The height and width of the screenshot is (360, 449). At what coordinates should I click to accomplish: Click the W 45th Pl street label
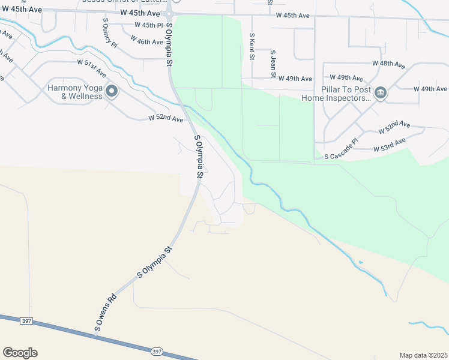pyautogui.click(x=145, y=25)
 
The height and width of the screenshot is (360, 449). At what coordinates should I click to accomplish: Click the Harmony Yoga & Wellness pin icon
pyautogui.click(x=112, y=92)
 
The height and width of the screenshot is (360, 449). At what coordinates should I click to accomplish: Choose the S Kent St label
pyautogui.click(x=253, y=47)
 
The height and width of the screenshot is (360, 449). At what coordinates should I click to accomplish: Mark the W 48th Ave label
pyautogui.click(x=390, y=63)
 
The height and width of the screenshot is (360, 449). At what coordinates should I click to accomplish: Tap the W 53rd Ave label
pyautogui.click(x=390, y=145)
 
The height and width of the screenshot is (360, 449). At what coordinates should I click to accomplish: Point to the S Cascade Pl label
pyautogui.click(x=341, y=156)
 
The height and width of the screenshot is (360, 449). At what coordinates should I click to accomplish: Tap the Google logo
pyautogui.click(x=20, y=353)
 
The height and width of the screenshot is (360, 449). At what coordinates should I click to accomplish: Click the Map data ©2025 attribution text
pyautogui.click(x=424, y=355)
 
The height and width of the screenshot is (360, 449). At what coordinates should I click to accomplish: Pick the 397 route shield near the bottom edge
pyautogui.click(x=157, y=351)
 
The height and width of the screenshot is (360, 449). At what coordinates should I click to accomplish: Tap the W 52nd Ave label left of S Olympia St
pyautogui.click(x=166, y=119)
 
